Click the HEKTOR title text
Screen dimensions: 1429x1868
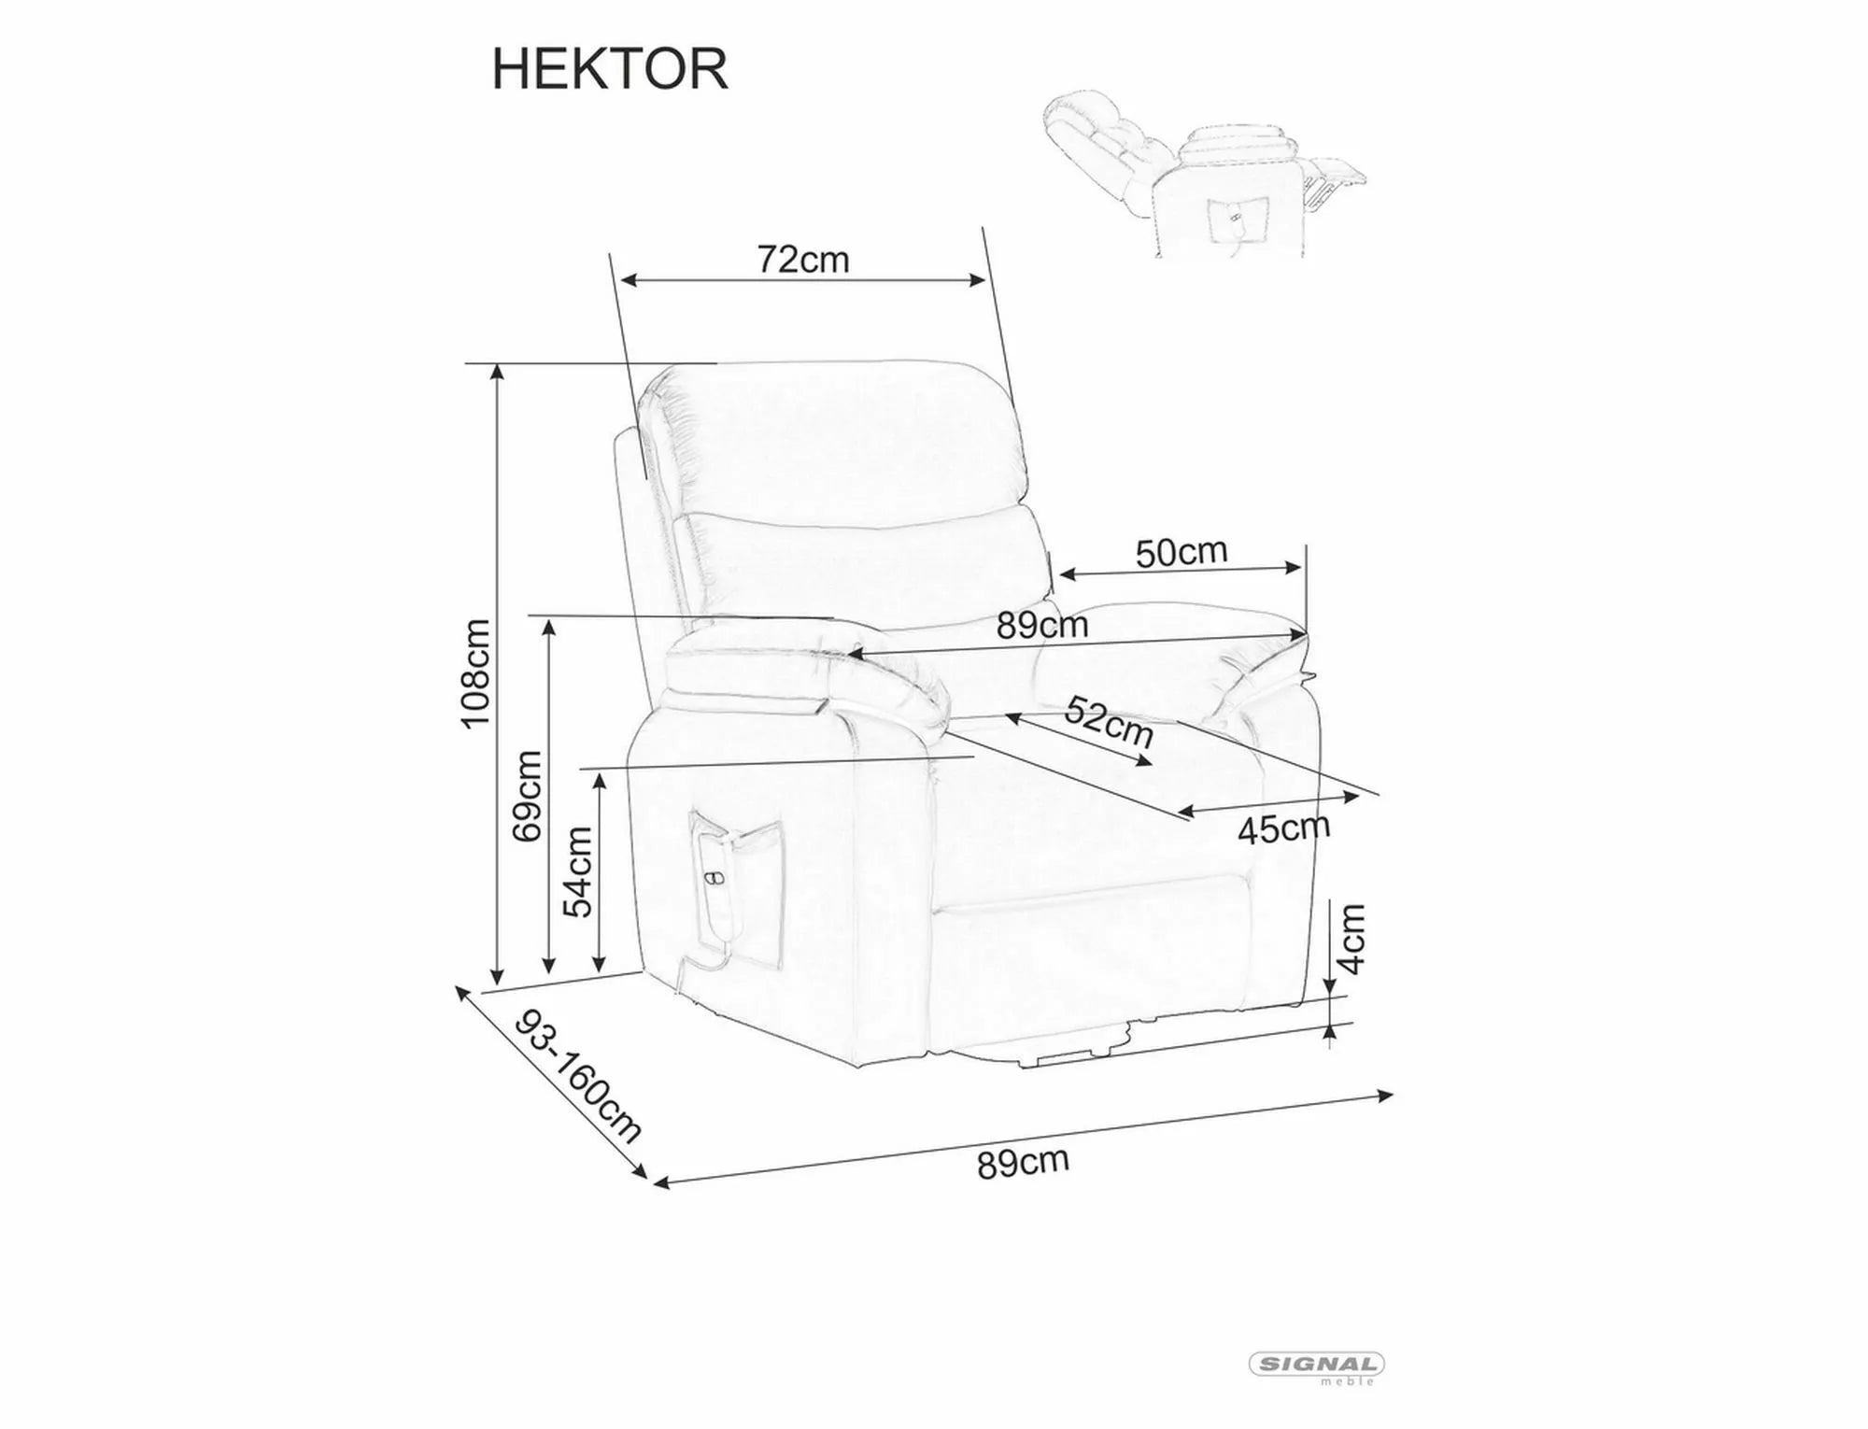tap(609, 69)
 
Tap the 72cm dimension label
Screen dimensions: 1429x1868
tap(802, 260)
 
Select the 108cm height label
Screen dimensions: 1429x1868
tap(475, 672)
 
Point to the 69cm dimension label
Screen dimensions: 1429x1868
tap(528, 796)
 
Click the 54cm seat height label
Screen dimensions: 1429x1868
tap(579, 871)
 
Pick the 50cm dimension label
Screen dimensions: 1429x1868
tap(1181, 553)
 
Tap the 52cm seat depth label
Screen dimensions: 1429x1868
tap(1110, 721)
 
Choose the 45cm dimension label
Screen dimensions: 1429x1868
tap(1283, 828)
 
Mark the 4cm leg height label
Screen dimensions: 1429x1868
tap(1352, 939)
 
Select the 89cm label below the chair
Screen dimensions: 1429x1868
tap(1023, 1163)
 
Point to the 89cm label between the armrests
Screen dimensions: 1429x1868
tap(1041, 625)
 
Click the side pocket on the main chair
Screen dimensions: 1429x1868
tap(738, 897)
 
